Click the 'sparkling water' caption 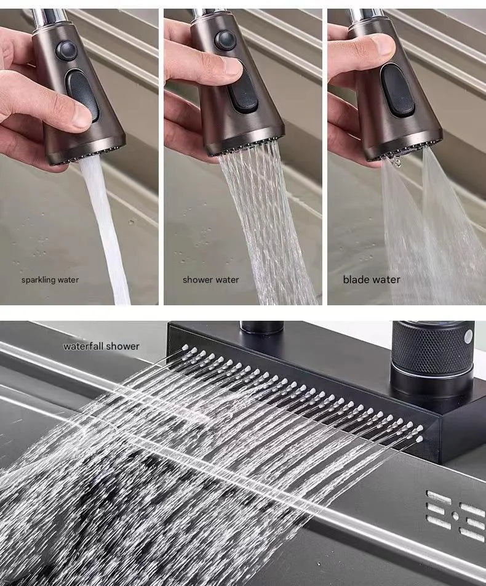coord(50,280)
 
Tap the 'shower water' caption coord(210,280)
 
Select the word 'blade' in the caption coord(355,279)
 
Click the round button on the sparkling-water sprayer coord(66,50)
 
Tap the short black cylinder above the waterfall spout coord(261,327)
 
